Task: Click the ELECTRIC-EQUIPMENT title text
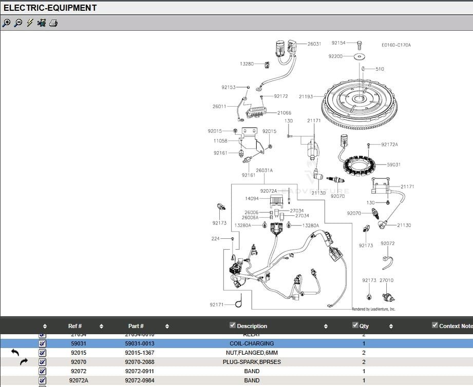point(50,8)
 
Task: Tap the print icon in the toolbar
point(53,23)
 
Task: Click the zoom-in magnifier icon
point(7,23)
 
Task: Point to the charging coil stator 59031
point(364,164)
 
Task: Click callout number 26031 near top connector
point(314,44)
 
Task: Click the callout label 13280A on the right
point(311,226)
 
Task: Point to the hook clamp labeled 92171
point(238,304)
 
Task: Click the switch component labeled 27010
point(386,296)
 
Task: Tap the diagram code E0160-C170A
point(396,45)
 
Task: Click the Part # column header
point(136,326)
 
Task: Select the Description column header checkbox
point(233,325)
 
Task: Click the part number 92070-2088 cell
point(139,362)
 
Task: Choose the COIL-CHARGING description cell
point(252,343)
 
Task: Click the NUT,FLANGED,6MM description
point(252,353)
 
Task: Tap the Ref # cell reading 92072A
point(79,380)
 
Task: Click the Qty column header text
point(364,326)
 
